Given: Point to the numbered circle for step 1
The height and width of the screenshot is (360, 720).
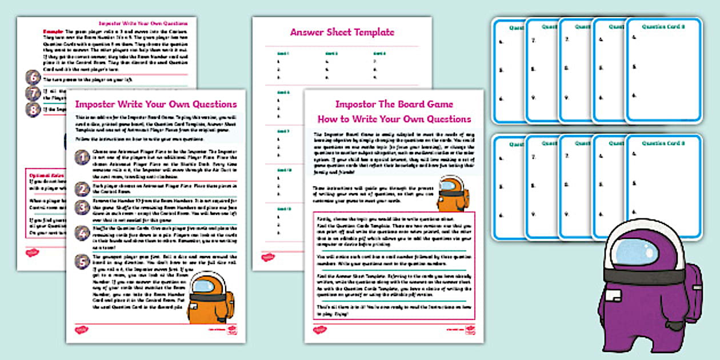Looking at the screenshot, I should [x=82, y=157].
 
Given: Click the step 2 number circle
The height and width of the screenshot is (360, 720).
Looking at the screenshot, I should [x=82, y=189].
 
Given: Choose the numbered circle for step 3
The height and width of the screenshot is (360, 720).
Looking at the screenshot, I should [x=82, y=207].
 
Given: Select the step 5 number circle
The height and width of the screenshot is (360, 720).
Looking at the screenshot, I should [x=82, y=261].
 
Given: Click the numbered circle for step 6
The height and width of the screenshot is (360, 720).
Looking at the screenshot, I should [x=33, y=78].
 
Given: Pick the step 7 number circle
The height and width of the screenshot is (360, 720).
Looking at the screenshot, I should [x=33, y=93].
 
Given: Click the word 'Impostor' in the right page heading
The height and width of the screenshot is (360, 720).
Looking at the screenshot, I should [x=352, y=105].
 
